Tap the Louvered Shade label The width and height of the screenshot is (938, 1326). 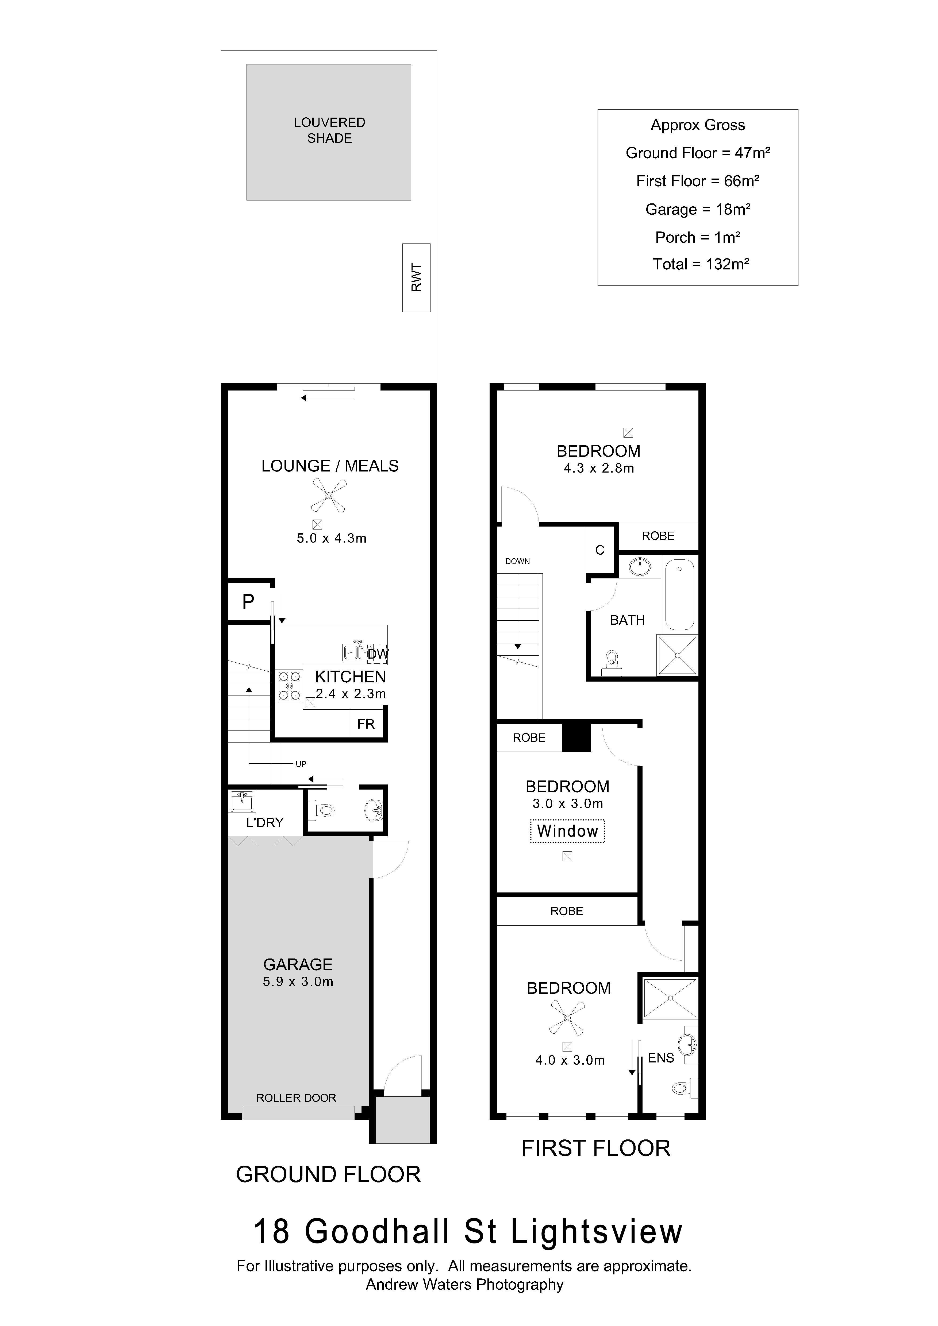tap(329, 130)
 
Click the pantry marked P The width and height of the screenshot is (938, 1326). tap(248, 602)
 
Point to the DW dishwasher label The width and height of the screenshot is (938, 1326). tap(378, 654)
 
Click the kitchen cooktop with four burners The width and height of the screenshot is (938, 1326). tap(289, 686)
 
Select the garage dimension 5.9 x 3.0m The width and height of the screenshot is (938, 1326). tap(298, 982)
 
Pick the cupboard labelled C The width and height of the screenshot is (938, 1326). tap(600, 550)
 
